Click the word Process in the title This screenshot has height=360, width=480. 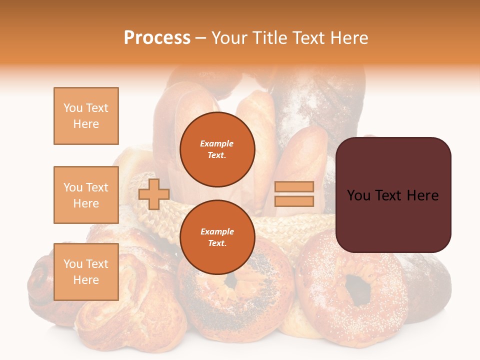[x=157, y=38]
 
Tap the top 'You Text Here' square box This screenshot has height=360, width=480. [x=86, y=116]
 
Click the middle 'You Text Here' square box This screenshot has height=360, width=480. [x=86, y=195]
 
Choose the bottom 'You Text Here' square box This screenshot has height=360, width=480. [x=86, y=271]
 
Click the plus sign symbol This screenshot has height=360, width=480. [x=153, y=194]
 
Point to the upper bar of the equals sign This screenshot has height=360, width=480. [x=294, y=186]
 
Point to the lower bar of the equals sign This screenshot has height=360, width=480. [x=294, y=201]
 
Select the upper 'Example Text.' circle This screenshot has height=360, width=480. [x=217, y=149]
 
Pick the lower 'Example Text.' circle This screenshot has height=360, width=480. [x=217, y=237]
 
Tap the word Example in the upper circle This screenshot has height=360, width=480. [x=217, y=143]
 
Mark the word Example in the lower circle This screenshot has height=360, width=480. [x=217, y=231]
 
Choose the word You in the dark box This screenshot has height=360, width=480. [x=359, y=195]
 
